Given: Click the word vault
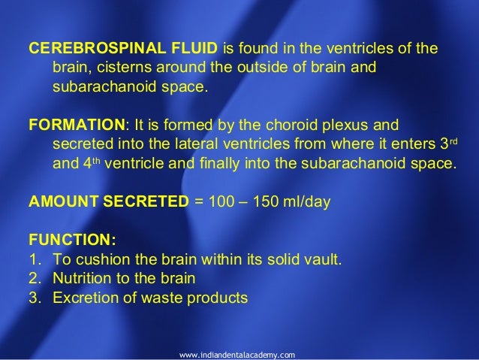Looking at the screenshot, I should (322, 261).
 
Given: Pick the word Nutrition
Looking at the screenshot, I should (80, 279).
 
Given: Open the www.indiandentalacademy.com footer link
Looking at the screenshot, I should (239, 352).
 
